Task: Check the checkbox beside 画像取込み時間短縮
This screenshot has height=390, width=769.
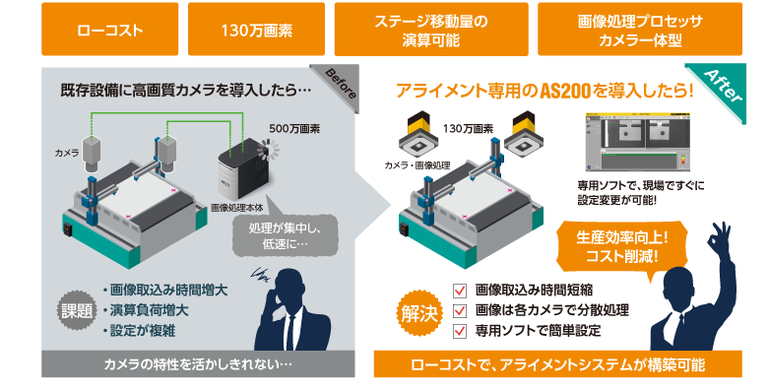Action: (x=458, y=291)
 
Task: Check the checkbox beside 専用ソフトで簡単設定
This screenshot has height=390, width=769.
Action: (x=458, y=331)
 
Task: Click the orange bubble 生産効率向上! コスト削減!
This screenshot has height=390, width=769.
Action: (x=610, y=246)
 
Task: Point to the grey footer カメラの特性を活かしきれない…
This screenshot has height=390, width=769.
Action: (x=198, y=365)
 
